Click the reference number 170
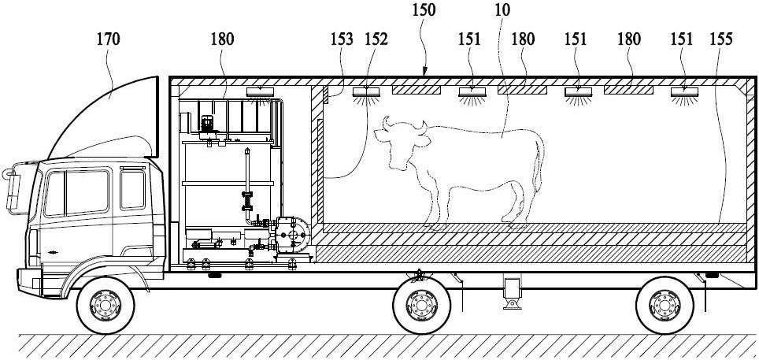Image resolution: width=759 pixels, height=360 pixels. point(108,39)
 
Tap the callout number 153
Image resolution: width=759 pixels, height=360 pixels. point(342,39)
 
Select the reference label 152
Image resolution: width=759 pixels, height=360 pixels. point(376,39)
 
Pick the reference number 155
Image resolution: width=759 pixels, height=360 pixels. point(721,39)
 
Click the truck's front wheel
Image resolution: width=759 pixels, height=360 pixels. point(106,305)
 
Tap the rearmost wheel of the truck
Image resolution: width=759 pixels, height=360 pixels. point(665,305)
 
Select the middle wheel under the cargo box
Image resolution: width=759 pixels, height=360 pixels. point(421,305)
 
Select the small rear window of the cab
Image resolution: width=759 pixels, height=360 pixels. point(132,189)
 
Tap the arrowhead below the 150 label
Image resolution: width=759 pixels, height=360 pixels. point(424,73)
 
